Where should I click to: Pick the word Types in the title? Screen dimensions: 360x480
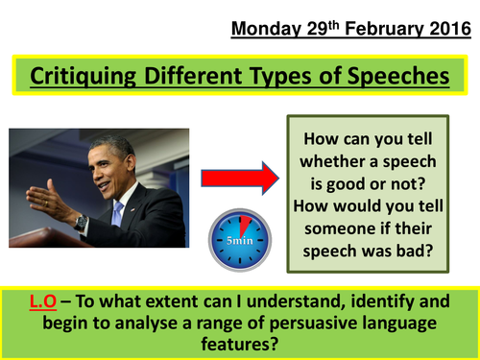coord(291,75)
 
